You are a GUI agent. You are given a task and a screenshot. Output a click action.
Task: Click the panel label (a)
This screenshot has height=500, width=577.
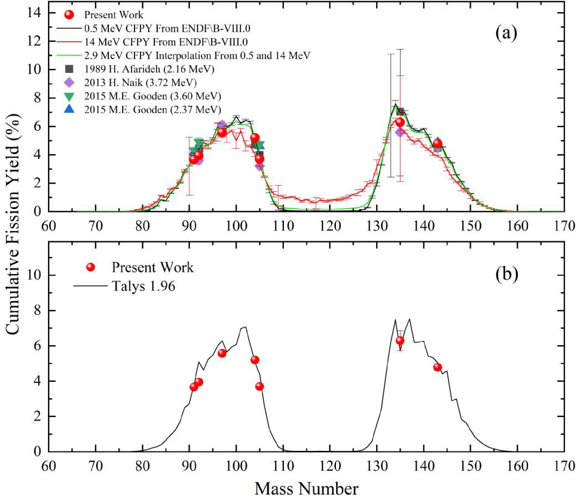coord(506,33)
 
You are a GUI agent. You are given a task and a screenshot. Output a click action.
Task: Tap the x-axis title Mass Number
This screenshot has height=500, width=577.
coord(306,489)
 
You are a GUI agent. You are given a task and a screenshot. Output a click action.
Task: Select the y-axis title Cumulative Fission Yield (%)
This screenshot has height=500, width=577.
coord(13,224)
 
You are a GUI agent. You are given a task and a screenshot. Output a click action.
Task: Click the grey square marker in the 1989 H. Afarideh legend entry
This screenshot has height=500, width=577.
coord(69,69)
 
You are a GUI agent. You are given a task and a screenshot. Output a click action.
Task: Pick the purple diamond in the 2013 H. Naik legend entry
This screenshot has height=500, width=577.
coord(69,83)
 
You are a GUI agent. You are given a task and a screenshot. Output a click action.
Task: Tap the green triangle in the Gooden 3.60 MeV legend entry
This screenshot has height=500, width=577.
coord(69,96)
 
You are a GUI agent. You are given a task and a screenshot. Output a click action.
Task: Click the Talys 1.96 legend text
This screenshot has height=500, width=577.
coord(143,286)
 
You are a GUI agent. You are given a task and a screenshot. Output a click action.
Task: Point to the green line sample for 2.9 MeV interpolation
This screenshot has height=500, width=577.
coord(69,55)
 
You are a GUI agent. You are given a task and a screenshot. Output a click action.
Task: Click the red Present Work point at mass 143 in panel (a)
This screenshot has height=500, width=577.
coord(437,144)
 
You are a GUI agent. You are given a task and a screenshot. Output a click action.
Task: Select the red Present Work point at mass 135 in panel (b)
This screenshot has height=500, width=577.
coord(400,341)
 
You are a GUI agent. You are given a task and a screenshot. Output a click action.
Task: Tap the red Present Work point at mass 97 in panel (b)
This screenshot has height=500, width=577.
coord(222,353)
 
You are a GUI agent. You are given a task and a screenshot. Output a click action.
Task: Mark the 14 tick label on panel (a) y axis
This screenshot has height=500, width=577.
coord(34,13)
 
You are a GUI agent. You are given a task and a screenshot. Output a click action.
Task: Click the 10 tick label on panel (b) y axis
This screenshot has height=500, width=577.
coord(34,275)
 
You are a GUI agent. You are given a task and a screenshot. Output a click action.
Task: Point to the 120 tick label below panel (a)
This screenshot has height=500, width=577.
coord(330,226)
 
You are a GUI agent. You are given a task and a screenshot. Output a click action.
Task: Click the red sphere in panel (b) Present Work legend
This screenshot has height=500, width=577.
coord(91,267)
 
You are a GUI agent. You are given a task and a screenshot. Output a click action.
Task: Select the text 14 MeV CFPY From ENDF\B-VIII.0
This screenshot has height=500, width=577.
coord(166,42)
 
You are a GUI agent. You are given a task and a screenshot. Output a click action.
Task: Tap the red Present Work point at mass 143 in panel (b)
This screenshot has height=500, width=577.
coord(437,367)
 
